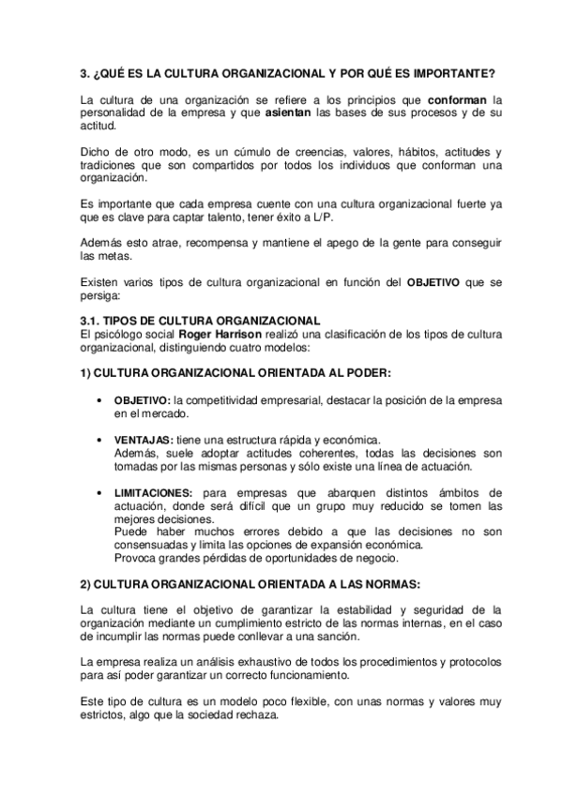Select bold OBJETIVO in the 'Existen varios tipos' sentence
433,282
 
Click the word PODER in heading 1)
362,373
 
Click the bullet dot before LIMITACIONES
99,492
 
